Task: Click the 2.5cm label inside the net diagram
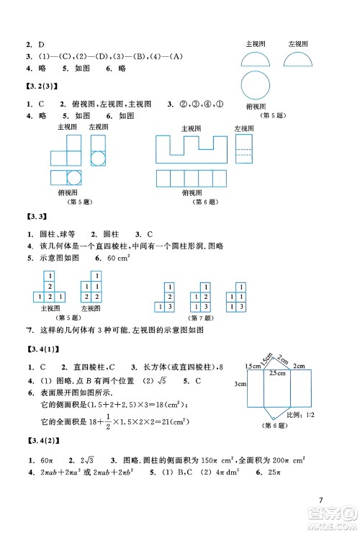point(276,372)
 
